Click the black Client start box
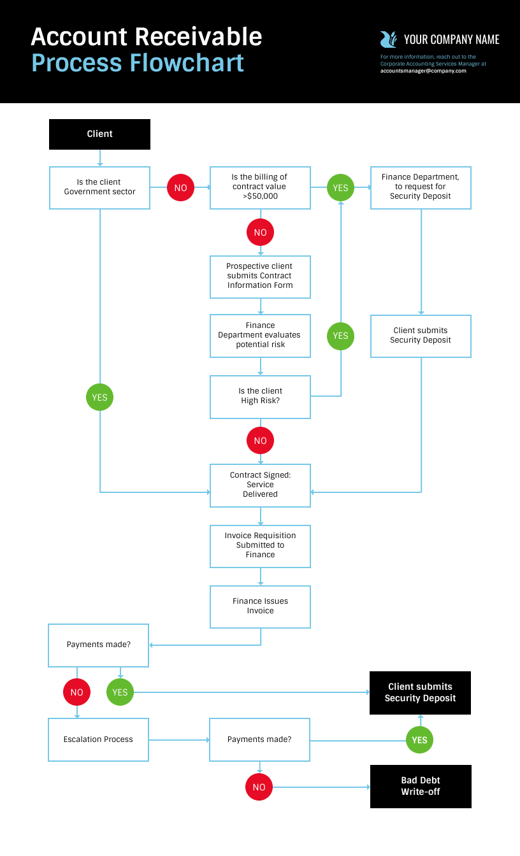[99, 134]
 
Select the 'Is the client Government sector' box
[99, 188]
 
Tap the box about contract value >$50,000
[260, 188]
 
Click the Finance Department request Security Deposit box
[421, 188]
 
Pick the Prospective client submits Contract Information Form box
[260, 277]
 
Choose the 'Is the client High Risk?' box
[260, 397]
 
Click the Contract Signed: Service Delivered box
[260, 485]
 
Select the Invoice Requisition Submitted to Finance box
[260, 546]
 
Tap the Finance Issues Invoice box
[260, 607]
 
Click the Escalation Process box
[98, 739]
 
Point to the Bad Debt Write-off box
[421, 787]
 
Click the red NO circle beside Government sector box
[180, 188]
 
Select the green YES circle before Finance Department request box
[340, 188]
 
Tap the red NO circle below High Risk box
[260, 441]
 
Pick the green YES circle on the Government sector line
[99, 397]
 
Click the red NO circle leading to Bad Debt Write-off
[259, 787]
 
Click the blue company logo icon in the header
[389, 39]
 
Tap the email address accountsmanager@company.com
[423, 71]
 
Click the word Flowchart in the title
[187, 62]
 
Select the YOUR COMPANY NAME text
[452, 39]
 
